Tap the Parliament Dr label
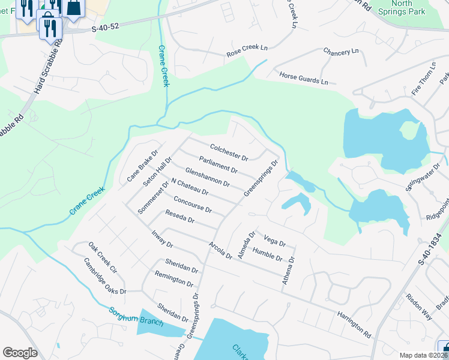[218, 165]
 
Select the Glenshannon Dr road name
[207, 177]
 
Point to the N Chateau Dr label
[189, 187]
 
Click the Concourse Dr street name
[192, 203]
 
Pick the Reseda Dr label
[180, 218]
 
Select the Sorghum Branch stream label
[136, 317]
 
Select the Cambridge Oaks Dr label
[105, 276]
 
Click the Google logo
[20, 353]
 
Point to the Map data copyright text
[424, 355]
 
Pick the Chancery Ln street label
[340, 52]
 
